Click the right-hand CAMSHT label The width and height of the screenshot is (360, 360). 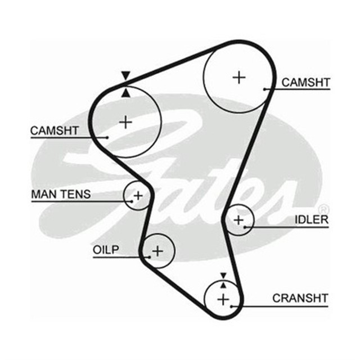305,83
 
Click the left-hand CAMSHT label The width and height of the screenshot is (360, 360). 55,130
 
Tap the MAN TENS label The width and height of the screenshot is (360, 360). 60,195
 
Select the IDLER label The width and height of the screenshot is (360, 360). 311,219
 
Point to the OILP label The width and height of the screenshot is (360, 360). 106,250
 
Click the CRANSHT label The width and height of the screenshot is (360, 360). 300,298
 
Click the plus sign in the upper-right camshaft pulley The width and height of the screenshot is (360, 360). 240,76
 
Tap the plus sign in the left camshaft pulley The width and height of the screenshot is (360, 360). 126,121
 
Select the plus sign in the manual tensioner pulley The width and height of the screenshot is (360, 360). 137,196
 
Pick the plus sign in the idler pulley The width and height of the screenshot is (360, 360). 238,219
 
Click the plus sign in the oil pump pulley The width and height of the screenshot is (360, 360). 157,250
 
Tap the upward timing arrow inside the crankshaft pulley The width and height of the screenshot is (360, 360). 223,286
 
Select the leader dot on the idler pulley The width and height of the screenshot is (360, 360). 246,227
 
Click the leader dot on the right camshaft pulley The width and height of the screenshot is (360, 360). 264,89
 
